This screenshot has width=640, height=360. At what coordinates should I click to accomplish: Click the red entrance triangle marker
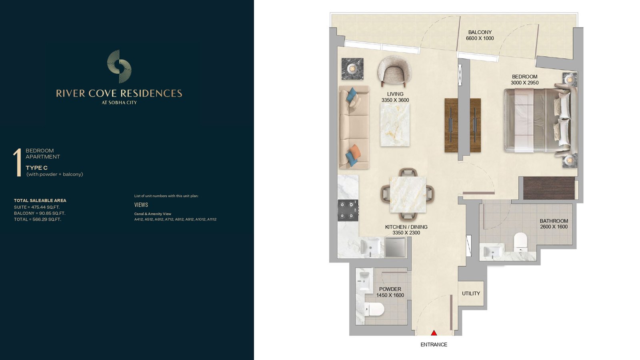click(x=434, y=333)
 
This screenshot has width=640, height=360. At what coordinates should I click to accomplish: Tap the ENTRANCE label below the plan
click(x=434, y=344)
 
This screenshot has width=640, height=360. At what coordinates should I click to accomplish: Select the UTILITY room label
click(x=471, y=294)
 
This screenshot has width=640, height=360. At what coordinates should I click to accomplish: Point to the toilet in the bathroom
click(x=520, y=242)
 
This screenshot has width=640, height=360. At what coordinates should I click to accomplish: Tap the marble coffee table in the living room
click(x=395, y=125)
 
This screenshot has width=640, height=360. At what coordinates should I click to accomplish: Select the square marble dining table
click(x=408, y=194)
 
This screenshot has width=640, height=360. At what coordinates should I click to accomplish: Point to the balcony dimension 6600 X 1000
click(x=480, y=38)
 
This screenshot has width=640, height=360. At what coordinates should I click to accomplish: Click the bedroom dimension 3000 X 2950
click(x=524, y=83)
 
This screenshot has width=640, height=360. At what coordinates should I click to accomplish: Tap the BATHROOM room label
click(x=554, y=221)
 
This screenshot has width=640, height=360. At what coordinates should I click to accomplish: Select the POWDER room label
click(x=390, y=289)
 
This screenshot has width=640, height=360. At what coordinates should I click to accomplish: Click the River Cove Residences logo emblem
click(x=119, y=66)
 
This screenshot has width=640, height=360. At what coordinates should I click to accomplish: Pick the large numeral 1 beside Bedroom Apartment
click(x=18, y=162)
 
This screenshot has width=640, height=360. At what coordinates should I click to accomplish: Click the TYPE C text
click(x=36, y=168)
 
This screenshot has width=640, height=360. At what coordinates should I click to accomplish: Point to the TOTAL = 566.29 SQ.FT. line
click(x=38, y=220)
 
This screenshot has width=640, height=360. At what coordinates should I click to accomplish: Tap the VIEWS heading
click(x=141, y=205)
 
